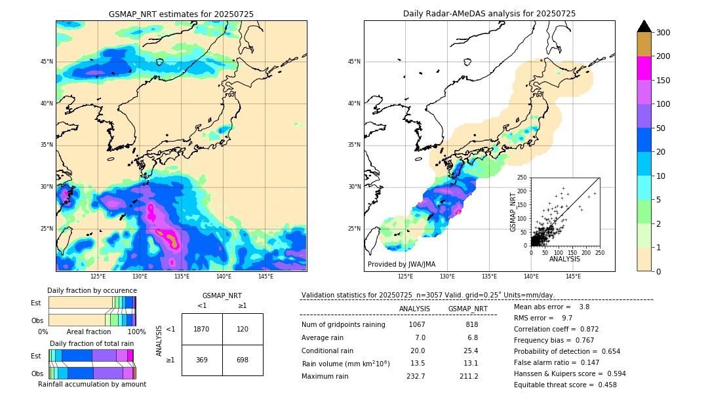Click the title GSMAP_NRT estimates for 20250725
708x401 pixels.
point(181,14)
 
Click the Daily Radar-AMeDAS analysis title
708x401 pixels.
point(489,14)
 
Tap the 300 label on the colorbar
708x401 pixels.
point(663,33)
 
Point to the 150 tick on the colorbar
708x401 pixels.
point(663,81)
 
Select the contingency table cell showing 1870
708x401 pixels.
point(201,329)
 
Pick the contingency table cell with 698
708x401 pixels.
point(242,360)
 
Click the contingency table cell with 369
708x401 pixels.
point(201,360)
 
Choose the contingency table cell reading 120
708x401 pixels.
point(242,329)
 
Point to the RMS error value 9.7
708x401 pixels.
point(567,318)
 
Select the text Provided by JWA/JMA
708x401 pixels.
point(401,265)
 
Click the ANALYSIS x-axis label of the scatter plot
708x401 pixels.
point(564,259)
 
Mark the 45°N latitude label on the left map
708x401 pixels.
point(47,62)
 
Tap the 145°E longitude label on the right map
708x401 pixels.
point(573,277)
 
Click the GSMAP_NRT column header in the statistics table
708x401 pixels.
point(467,309)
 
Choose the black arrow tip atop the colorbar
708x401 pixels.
point(644,26)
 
